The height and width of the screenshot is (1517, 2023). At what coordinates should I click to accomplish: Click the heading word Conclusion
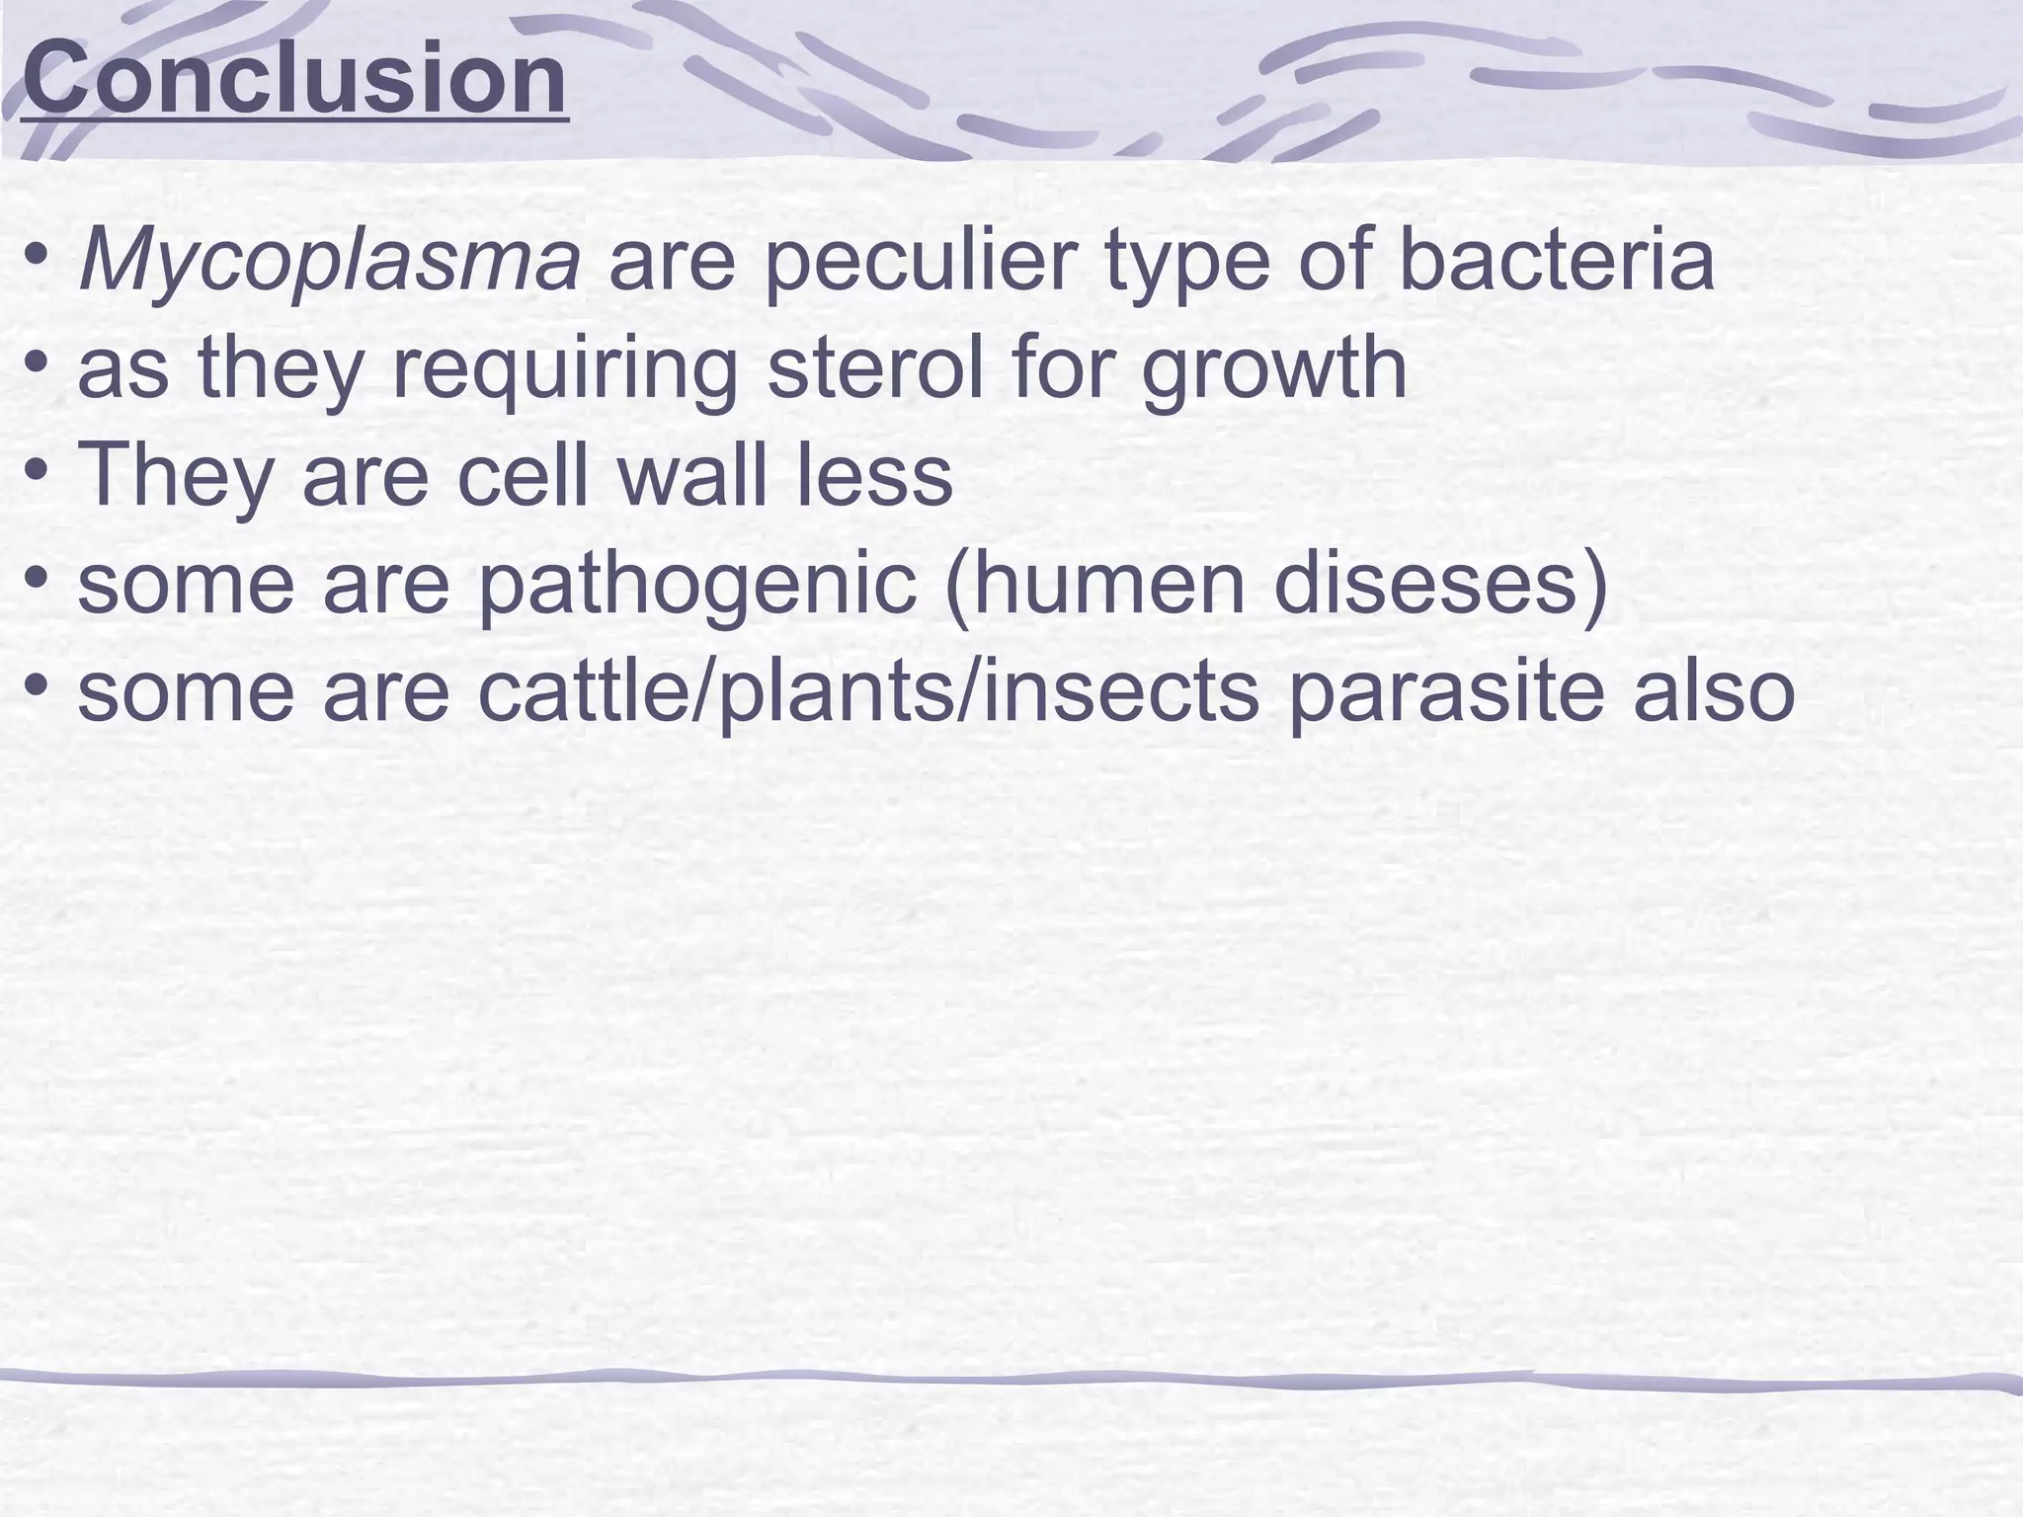coord(294,79)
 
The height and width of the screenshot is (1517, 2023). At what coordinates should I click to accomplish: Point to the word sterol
coord(875,368)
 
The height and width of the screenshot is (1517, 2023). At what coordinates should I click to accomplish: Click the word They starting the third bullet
coord(175,476)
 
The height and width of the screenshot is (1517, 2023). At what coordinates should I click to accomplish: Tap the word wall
coord(691,474)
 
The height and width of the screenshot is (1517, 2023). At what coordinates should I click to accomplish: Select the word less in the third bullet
coord(874,476)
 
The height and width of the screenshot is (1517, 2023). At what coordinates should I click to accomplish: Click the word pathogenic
coord(697,585)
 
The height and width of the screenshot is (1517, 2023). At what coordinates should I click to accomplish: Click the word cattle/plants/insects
coord(869,691)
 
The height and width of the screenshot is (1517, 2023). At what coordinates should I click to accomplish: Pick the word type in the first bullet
coord(1184,263)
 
